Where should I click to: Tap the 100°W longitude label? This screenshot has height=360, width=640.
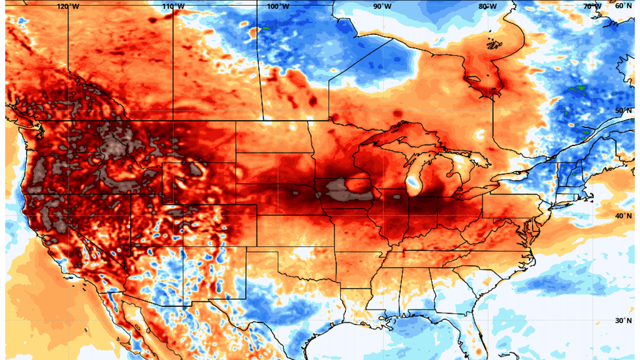point(277,6)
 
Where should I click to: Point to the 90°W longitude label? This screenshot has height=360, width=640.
point(382,6)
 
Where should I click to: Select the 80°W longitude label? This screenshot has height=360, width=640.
point(487,6)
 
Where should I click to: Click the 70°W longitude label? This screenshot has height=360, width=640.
point(591,6)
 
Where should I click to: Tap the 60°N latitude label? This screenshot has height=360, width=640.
point(623,6)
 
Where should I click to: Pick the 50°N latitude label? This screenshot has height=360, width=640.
point(623,111)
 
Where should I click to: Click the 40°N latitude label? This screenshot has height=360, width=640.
point(623,216)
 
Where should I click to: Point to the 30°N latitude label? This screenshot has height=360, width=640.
point(623,321)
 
